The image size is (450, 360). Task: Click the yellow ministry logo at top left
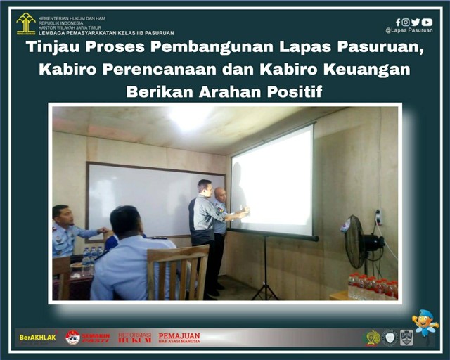click(26, 24)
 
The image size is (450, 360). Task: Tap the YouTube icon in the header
click(427, 22)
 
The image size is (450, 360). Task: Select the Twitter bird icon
click(416, 22)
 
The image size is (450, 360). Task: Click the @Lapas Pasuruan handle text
click(409, 30)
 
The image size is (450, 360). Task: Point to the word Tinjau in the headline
click(53, 49)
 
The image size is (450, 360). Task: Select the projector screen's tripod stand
click(265, 271)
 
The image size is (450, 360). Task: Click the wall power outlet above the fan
click(378, 217)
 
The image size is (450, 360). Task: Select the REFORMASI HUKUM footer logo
click(134, 337)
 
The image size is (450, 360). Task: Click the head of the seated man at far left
click(62, 215)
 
